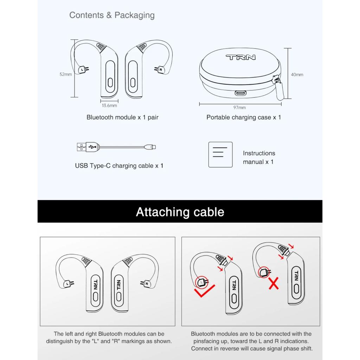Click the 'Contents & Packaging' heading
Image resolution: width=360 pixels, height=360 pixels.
pyautogui.click(x=112, y=15)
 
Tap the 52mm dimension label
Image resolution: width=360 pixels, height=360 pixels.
pyautogui.click(x=65, y=74)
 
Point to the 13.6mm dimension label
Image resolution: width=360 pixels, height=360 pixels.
pyautogui.click(x=109, y=105)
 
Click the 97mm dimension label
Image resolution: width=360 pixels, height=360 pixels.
pyautogui.click(x=240, y=108)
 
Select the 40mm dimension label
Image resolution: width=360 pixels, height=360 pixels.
pyautogui.click(x=297, y=75)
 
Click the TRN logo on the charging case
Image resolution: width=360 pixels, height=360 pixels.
pyautogui.click(x=240, y=57)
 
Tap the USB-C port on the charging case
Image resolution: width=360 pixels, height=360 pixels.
pyautogui.click(x=241, y=94)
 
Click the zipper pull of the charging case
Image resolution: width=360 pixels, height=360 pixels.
pyautogui.click(x=280, y=90)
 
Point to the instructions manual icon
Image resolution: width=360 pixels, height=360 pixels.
pyautogui.click(x=220, y=154)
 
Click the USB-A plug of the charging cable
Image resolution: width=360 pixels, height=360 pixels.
pyautogui.click(x=82, y=147)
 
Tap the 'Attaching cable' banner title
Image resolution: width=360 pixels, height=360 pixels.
pyautogui.click(x=180, y=212)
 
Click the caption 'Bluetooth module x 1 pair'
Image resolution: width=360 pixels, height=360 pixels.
pyautogui.click(x=122, y=117)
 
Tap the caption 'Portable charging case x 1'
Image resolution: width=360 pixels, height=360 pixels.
pyautogui.click(x=244, y=117)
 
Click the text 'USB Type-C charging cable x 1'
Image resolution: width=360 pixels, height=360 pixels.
pyautogui.click(x=119, y=166)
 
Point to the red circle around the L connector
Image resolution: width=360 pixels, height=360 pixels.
pyautogui.click(x=201, y=281)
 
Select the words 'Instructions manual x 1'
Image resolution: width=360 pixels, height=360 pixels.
pyautogui.click(x=259, y=157)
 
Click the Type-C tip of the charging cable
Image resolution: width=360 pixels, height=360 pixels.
pyautogui.click(x=154, y=147)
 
